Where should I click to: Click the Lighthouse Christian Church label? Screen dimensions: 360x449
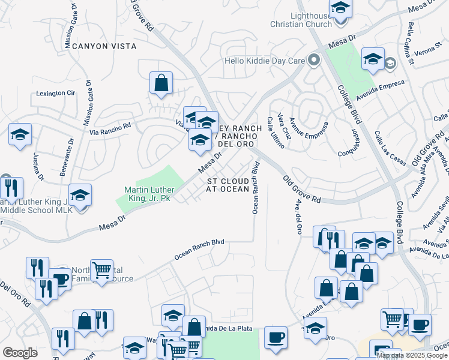tap(301, 20)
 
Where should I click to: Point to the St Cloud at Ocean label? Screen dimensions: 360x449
tap(228, 185)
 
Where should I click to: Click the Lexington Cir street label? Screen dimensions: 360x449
tap(55, 94)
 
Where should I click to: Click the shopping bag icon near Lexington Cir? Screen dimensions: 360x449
tap(161, 84)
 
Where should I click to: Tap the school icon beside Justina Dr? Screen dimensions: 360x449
tap(20, 135)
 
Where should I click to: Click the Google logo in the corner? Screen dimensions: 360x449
tap(20, 352)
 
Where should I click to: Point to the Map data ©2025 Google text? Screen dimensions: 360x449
tap(412, 355)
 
